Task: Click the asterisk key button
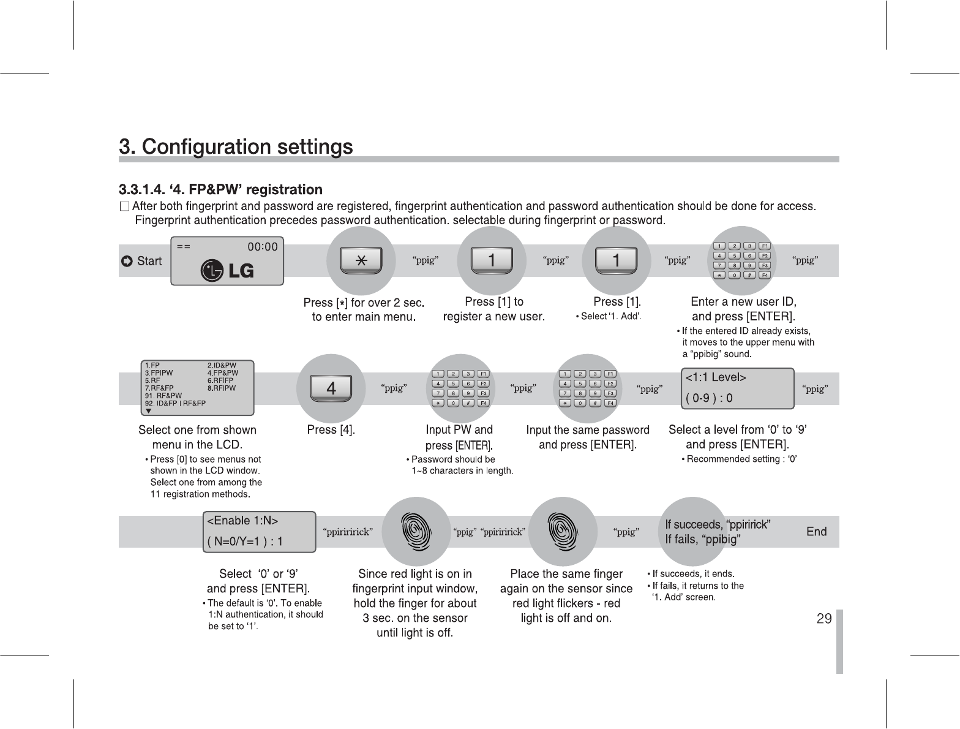361,261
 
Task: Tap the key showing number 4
331,388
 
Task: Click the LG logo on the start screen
228,271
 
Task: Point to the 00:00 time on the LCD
262,247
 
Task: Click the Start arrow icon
127,262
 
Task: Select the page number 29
824,619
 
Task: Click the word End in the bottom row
816,532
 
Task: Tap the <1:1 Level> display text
715,377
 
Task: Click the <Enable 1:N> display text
243,521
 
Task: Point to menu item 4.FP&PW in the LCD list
223,372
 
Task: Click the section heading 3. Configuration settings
236,147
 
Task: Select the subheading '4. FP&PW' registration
220,190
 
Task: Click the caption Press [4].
331,430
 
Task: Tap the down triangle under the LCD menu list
148,410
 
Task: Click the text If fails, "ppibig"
703,540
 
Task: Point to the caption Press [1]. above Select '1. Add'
617,301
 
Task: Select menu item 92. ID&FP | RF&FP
175,403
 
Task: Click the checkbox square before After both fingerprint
125,206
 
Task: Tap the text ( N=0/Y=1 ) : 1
245,542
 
